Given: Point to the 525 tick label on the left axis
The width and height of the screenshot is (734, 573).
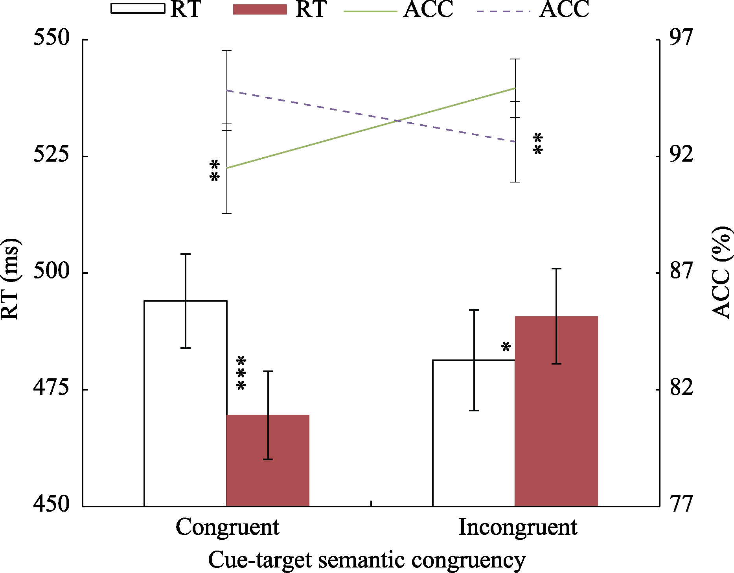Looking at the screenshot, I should [x=52, y=155].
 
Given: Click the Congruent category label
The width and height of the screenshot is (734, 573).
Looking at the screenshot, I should [x=227, y=527].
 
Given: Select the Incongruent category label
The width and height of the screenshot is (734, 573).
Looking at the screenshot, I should [x=518, y=527].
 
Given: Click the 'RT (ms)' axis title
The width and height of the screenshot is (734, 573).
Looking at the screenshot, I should [x=11, y=279].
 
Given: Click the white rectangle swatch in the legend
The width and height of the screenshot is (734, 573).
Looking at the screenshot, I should [x=138, y=9].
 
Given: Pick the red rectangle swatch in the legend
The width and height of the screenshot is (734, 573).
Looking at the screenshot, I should [x=260, y=9].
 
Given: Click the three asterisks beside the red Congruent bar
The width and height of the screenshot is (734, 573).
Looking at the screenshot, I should [x=241, y=373].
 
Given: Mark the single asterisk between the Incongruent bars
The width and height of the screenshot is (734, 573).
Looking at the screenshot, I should [x=506, y=347].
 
